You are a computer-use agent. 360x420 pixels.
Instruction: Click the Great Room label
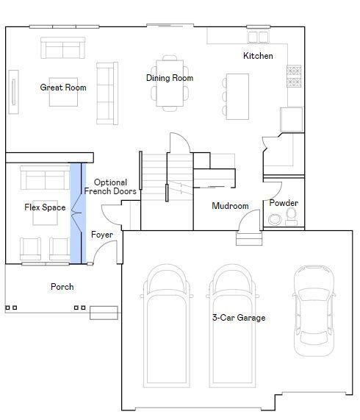click(x=63, y=88)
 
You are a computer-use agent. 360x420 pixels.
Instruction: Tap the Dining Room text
click(x=170, y=78)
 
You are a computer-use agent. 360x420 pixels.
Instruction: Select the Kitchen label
click(x=258, y=56)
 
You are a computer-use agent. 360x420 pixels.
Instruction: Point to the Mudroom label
click(x=230, y=206)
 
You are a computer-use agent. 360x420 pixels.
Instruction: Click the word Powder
click(x=284, y=203)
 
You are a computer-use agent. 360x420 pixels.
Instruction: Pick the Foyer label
click(x=102, y=235)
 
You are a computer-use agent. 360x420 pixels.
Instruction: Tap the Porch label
click(x=62, y=287)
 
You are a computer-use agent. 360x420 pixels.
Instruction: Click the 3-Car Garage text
click(x=239, y=318)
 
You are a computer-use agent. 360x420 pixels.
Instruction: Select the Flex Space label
click(x=45, y=207)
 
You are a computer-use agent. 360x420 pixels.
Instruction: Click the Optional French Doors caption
click(x=110, y=187)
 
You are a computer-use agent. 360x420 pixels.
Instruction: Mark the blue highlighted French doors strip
click(x=78, y=213)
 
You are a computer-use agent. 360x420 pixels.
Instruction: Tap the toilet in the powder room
click(x=291, y=217)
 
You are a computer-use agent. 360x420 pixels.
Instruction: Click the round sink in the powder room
click(x=275, y=219)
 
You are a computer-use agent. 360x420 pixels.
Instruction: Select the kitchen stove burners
click(x=294, y=76)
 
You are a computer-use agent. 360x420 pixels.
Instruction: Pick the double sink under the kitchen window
click(x=258, y=38)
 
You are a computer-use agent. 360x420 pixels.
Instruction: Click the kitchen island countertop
click(x=237, y=96)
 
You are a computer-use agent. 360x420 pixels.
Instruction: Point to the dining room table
click(x=170, y=83)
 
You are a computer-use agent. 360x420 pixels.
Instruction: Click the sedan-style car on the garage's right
click(x=314, y=310)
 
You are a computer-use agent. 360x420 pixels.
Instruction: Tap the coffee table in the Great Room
click(x=63, y=92)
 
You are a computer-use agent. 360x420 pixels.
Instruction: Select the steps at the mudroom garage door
click(x=249, y=238)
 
